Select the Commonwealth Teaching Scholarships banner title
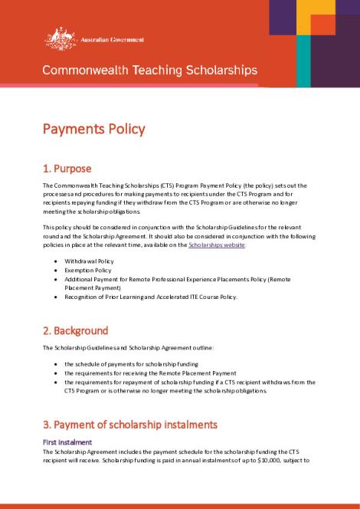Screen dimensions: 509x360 pos(149,70)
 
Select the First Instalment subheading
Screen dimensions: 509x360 pos(67,442)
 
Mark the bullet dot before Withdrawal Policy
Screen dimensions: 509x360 pos(57,261)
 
